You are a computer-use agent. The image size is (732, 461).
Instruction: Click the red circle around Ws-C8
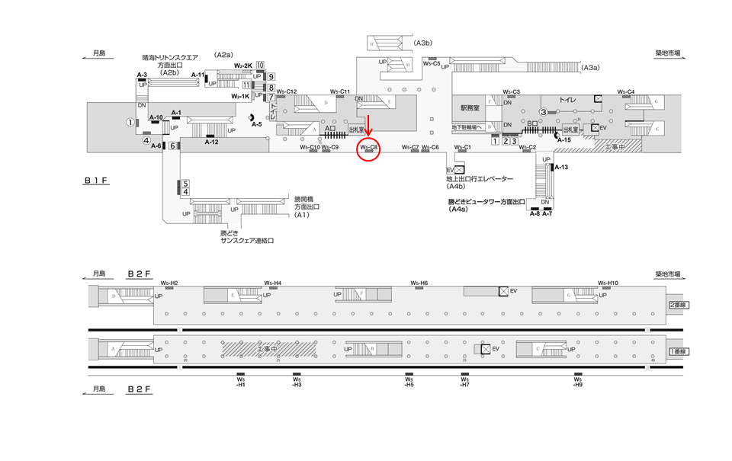pyautogui.click(x=369, y=148)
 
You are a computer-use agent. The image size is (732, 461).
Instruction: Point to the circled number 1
pyautogui.click(x=130, y=122)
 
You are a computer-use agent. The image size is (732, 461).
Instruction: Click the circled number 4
pyautogui.click(x=146, y=140)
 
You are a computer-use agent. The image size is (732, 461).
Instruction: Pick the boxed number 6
pyautogui.click(x=173, y=146)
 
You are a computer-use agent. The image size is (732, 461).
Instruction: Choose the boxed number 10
pyautogui.click(x=260, y=66)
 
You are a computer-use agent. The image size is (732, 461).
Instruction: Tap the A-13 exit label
pyautogui.click(x=560, y=167)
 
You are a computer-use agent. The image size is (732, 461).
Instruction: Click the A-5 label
pyautogui.click(x=257, y=124)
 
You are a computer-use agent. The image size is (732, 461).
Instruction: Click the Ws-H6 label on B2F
pyautogui.click(x=419, y=283)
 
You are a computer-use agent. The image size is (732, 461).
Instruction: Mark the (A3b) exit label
pyautogui.click(x=424, y=43)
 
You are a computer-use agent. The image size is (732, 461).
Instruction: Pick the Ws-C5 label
pyautogui.click(x=432, y=64)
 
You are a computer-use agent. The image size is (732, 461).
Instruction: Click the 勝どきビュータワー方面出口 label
pyautogui.click(x=488, y=201)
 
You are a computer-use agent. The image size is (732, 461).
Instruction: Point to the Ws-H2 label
pyautogui.click(x=169, y=283)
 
